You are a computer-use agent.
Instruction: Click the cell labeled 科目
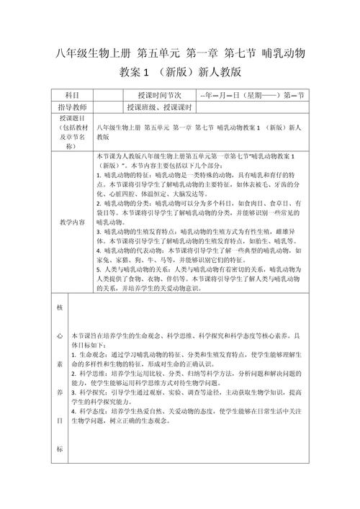pos(71,95)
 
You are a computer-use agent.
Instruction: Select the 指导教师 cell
pos(71,107)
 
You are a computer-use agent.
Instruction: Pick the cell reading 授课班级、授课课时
pos(158,107)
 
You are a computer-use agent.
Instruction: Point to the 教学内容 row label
pos(71,222)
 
